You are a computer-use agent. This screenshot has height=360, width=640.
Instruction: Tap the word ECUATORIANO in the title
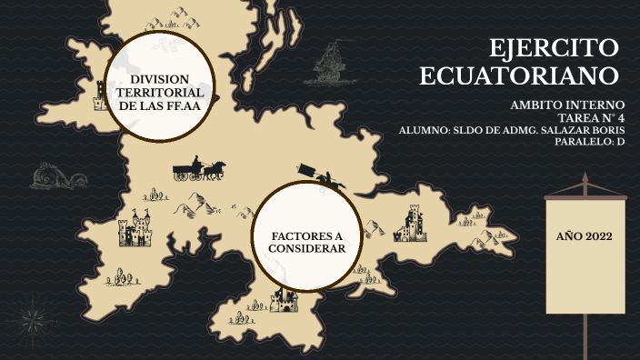519,75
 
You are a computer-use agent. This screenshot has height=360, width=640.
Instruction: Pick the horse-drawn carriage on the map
199,169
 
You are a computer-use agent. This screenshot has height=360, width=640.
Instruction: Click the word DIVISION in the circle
160,78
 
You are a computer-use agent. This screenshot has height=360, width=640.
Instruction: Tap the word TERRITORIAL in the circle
160,93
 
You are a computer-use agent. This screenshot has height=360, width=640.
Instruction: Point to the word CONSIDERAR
307,248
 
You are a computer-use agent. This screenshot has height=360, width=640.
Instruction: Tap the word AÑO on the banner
569,236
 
